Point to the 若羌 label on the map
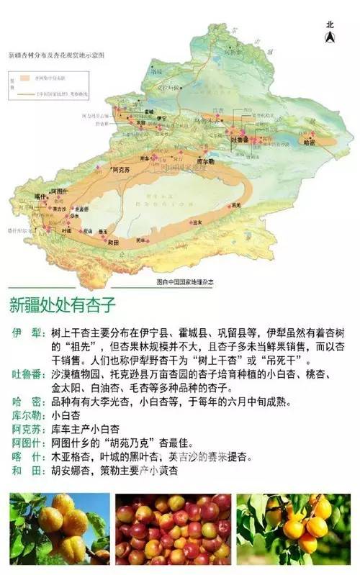coord(235,206)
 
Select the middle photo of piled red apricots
coord(173,528)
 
